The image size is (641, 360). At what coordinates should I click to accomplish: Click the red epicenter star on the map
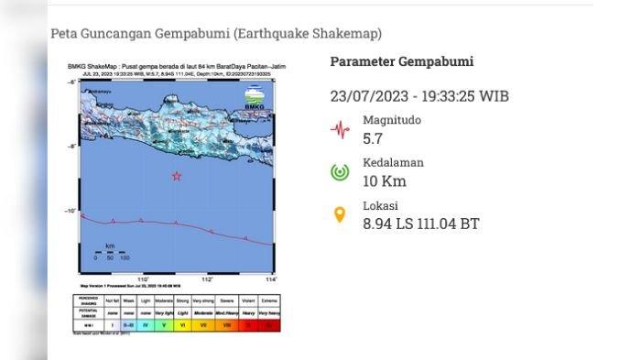pyautogui.click(x=177, y=176)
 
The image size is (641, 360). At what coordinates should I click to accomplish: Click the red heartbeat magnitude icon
pyautogui.click(x=340, y=129)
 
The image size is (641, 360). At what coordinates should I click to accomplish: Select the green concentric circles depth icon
pyautogui.click(x=340, y=171)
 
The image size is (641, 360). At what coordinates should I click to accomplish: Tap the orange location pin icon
pyautogui.click(x=340, y=215)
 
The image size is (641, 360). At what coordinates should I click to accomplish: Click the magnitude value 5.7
pyautogui.click(x=373, y=139)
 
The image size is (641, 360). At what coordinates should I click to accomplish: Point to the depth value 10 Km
pyautogui.click(x=385, y=181)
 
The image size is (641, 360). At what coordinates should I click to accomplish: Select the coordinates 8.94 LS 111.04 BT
pyautogui.click(x=420, y=224)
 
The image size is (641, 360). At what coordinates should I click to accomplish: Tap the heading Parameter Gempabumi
pyautogui.click(x=401, y=61)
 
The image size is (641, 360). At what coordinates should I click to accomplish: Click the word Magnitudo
pyautogui.click(x=393, y=120)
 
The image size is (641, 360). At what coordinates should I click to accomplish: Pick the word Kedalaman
pyautogui.click(x=393, y=162)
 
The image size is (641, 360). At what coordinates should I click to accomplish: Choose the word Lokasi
pyautogui.click(x=380, y=206)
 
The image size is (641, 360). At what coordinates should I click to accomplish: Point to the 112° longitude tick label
pyautogui.click(x=207, y=279)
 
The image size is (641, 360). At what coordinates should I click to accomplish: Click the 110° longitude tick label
pyautogui.click(x=143, y=279)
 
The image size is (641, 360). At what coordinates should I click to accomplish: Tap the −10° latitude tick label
pyautogui.click(x=71, y=212)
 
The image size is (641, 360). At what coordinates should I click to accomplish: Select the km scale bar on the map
pyautogui.click(x=110, y=253)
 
